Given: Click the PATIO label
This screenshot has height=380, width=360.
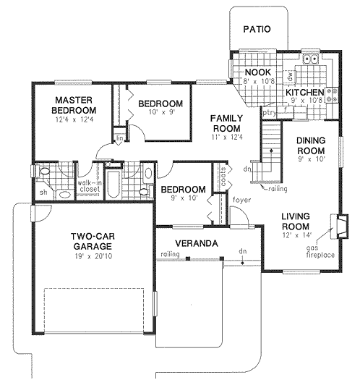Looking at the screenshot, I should click(256, 30).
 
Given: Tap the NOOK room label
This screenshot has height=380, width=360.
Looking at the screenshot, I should click(257, 73).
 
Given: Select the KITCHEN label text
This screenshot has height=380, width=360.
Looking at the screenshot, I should click(303, 93).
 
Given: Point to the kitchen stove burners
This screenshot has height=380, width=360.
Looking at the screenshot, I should click(333, 93).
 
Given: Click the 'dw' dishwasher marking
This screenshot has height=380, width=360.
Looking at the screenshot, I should click(288, 74).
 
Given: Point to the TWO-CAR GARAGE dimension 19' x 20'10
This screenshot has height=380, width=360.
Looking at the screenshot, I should click(91, 256).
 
